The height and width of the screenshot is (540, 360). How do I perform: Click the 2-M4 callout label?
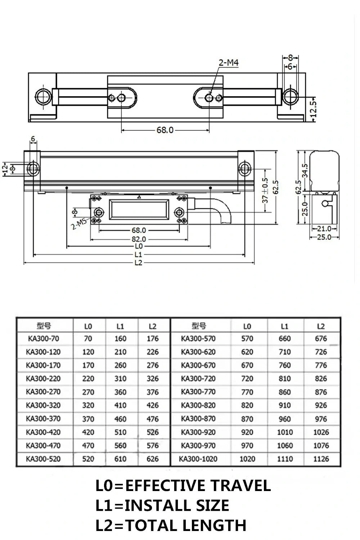coord(229,63)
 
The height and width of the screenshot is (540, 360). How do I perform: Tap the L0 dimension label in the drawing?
coord(139,246)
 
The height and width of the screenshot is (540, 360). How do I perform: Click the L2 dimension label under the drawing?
coord(139,263)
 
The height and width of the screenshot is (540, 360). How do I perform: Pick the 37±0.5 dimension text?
coord(265,190)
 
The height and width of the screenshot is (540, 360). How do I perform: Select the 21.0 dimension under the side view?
coord(324,229)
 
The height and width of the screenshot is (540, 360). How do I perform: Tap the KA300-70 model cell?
coord(43,338)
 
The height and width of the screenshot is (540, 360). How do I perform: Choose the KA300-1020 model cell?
coord(198,459)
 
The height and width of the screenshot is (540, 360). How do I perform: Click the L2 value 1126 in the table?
coord(321,459)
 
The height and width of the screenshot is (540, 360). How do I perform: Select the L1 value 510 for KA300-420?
coord(120,432)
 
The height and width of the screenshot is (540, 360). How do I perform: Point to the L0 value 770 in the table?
coord(247,392)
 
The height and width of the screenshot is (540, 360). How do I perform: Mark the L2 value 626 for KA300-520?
coord(153,459)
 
